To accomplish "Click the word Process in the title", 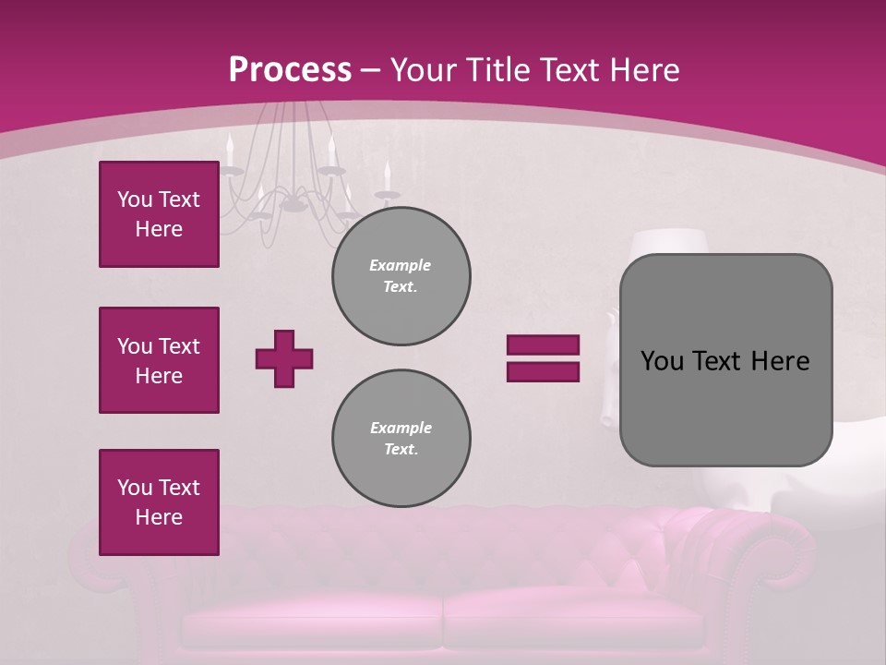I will (x=290, y=70).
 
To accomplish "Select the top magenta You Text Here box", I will (x=159, y=214).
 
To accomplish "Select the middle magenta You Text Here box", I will (x=159, y=360).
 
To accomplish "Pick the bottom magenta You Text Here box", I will (x=159, y=502).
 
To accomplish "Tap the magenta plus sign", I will (x=284, y=358).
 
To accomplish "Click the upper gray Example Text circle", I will (x=401, y=276).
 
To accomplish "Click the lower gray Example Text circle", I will (x=401, y=439).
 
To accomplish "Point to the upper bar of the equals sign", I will (x=543, y=345).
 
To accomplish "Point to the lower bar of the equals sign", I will (x=543, y=371).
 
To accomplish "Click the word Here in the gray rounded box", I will (x=780, y=361).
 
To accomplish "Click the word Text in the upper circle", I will (x=401, y=286).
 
